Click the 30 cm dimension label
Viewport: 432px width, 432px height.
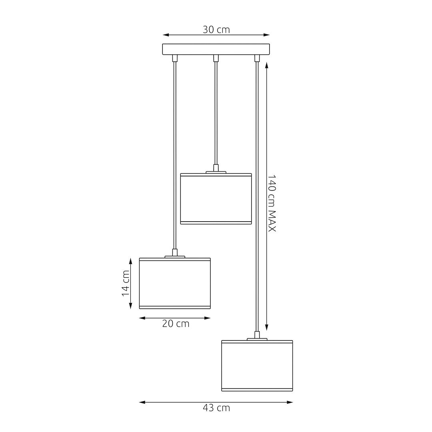tap(216, 30)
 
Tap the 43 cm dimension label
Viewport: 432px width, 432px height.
tap(216, 408)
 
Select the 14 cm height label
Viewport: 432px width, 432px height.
tap(126, 283)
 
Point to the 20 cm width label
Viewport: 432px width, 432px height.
tap(176, 324)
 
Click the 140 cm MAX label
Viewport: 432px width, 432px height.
tap(272, 203)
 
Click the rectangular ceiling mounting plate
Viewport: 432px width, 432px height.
tap(216, 49)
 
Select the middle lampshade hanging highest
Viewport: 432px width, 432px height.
tap(216, 199)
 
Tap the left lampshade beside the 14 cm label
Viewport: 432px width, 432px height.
tap(175, 283)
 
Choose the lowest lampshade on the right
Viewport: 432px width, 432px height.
tap(257, 366)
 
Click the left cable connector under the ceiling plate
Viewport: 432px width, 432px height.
tap(174, 58)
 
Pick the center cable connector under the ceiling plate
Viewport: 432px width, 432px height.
tap(216, 58)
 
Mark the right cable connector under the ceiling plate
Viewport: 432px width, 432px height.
tap(257, 58)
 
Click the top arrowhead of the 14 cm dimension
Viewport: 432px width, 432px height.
tap(130, 260)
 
